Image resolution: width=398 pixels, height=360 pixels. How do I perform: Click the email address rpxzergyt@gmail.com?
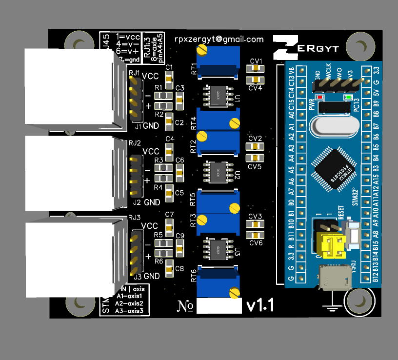point(219,40)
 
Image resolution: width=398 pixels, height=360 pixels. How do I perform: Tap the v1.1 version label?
point(260,305)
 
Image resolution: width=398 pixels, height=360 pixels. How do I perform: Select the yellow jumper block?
point(331,245)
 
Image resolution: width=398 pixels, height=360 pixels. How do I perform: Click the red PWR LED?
point(320,97)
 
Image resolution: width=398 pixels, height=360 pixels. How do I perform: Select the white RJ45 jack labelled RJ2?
point(68,173)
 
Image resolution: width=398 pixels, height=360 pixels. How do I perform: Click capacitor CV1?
point(255,68)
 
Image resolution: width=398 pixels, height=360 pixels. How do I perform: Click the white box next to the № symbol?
point(219,306)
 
